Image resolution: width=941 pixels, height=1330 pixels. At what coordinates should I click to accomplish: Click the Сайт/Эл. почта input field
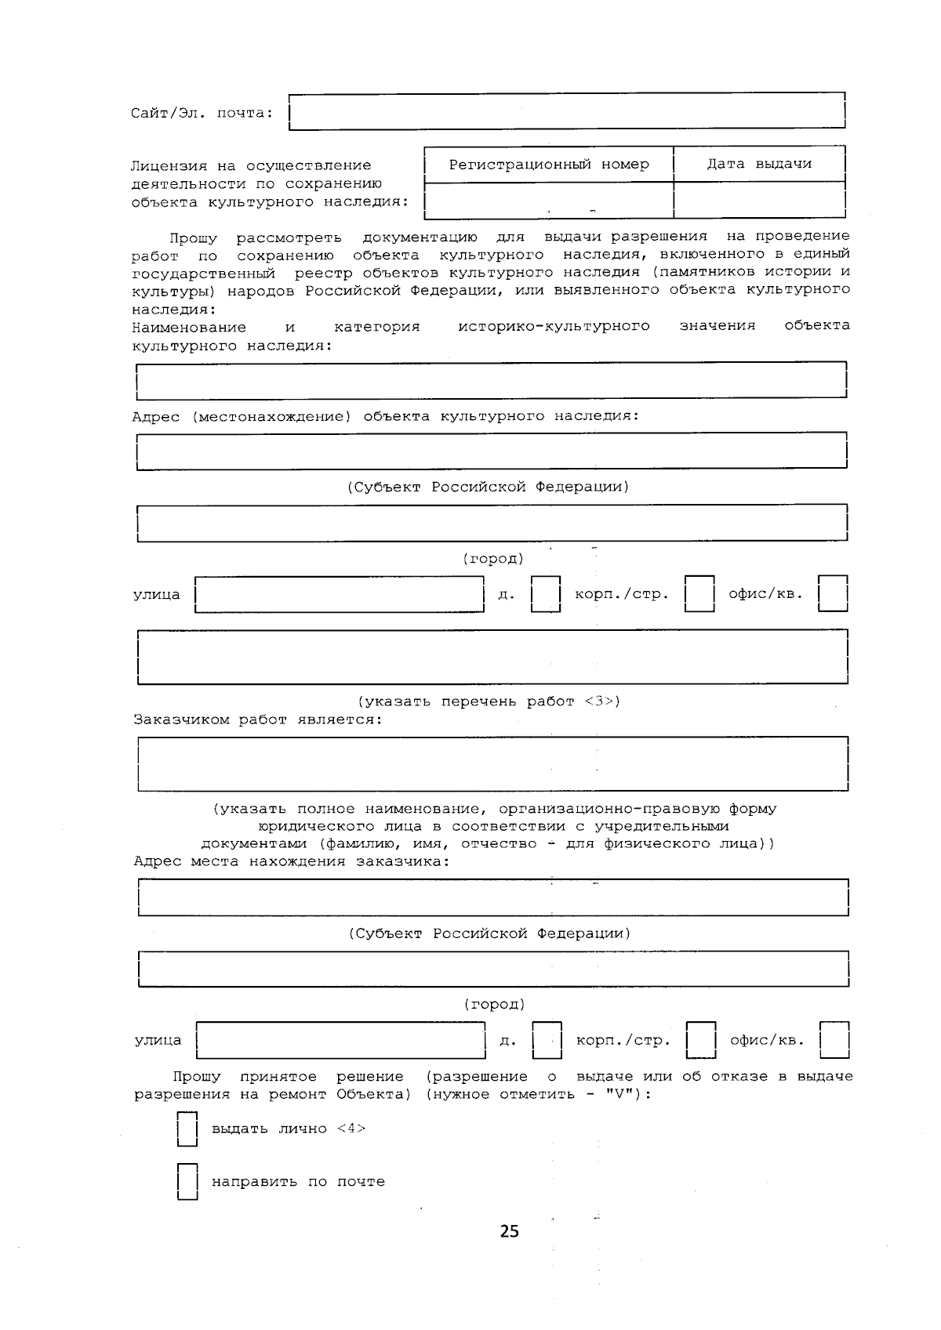(566, 111)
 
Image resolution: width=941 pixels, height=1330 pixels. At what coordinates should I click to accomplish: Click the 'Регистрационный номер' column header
(548, 165)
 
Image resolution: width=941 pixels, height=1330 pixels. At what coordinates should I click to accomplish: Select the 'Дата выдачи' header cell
(758, 165)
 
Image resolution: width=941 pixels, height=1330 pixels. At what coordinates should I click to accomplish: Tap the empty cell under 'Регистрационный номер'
(548, 200)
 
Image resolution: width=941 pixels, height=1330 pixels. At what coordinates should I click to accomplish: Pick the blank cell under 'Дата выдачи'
(758, 200)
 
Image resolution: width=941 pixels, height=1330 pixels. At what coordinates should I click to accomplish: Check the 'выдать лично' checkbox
(187, 1129)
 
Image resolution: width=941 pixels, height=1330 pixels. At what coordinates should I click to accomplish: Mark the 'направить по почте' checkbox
(187, 1182)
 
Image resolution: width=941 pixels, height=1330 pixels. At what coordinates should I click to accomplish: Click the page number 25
(509, 1231)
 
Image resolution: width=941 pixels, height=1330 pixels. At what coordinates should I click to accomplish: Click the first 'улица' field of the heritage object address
(340, 594)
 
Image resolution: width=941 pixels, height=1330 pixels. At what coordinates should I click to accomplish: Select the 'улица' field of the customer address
(341, 1040)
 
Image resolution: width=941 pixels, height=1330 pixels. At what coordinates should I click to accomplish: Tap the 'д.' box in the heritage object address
(546, 594)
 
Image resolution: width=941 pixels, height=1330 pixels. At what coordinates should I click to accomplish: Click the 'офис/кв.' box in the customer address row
(834, 1040)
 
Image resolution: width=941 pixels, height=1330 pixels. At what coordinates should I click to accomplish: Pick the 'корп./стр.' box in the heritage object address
(699, 594)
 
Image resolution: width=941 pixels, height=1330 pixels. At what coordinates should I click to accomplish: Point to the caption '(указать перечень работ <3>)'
(489, 701)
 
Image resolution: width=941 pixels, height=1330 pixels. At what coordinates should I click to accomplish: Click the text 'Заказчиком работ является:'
(258, 719)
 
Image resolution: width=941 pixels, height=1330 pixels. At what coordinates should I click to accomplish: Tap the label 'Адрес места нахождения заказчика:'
(292, 861)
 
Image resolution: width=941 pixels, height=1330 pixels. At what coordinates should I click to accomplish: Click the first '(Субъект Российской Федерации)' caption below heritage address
(488, 487)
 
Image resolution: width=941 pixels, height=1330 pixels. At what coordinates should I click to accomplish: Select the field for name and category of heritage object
(491, 380)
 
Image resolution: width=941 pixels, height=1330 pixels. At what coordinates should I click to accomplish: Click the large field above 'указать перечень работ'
(492, 657)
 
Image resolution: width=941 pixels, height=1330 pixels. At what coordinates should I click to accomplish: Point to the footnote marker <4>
(351, 1129)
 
